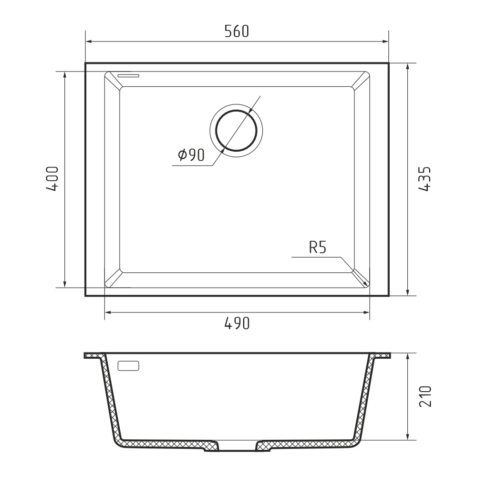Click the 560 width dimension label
click(237, 31)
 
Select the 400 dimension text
click(52, 178)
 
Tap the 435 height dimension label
click(425, 178)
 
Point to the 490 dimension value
click(237, 323)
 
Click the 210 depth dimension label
click(425, 396)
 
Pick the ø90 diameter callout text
click(191, 155)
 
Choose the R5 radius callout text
click(318, 248)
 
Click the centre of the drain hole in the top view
click(236, 131)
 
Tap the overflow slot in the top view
click(128, 75)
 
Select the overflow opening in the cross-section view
click(128, 366)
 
